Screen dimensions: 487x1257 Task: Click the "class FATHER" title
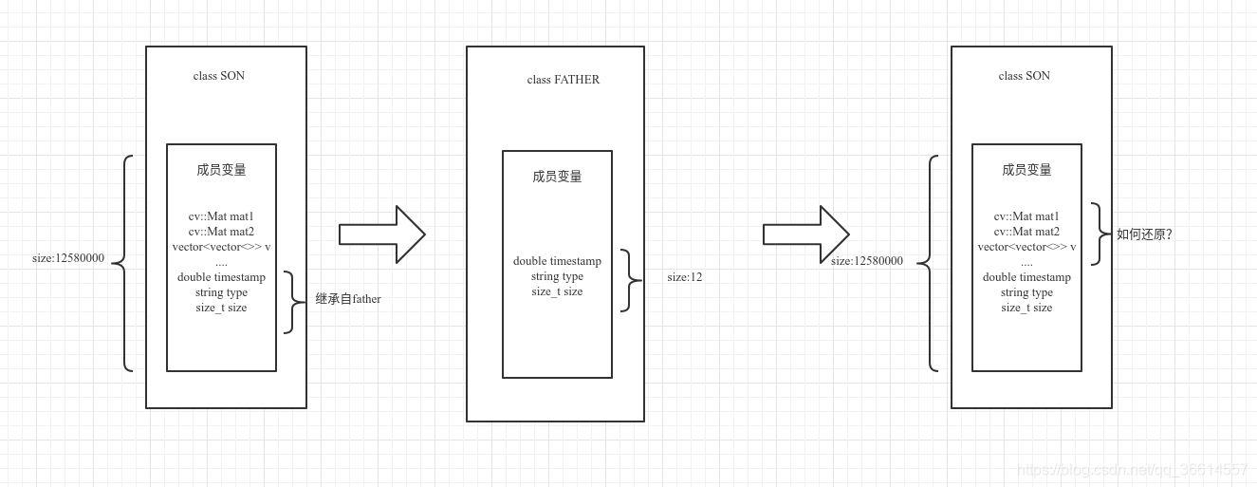click(563, 80)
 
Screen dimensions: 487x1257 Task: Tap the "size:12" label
click(684, 277)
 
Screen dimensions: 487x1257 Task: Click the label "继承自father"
click(348, 299)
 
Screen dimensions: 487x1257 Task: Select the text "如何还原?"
click(1144, 234)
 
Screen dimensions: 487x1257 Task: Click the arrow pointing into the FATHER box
click(381, 234)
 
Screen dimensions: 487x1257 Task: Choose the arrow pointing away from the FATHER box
click(805, 234)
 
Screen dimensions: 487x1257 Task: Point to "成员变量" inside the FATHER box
click(557, 177)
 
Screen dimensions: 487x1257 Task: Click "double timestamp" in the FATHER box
click(557, 261)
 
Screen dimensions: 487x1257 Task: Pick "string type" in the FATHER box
click(557, 276)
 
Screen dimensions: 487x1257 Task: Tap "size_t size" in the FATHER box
click(557, 291)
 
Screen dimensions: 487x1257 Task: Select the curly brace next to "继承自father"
click(292, 302)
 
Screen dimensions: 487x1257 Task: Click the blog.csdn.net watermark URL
click(1132, 470)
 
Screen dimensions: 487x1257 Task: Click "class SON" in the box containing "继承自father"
click(218, 76)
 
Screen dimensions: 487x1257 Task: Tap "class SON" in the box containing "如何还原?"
click(1024, 76)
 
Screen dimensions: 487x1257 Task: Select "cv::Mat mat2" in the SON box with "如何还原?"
click(1026, 232)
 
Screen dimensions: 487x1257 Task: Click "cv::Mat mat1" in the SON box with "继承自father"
click(221, 216)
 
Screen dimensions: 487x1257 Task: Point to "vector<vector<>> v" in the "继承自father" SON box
click(221, 247)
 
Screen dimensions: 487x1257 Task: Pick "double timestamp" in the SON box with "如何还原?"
click(1026, 277)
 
